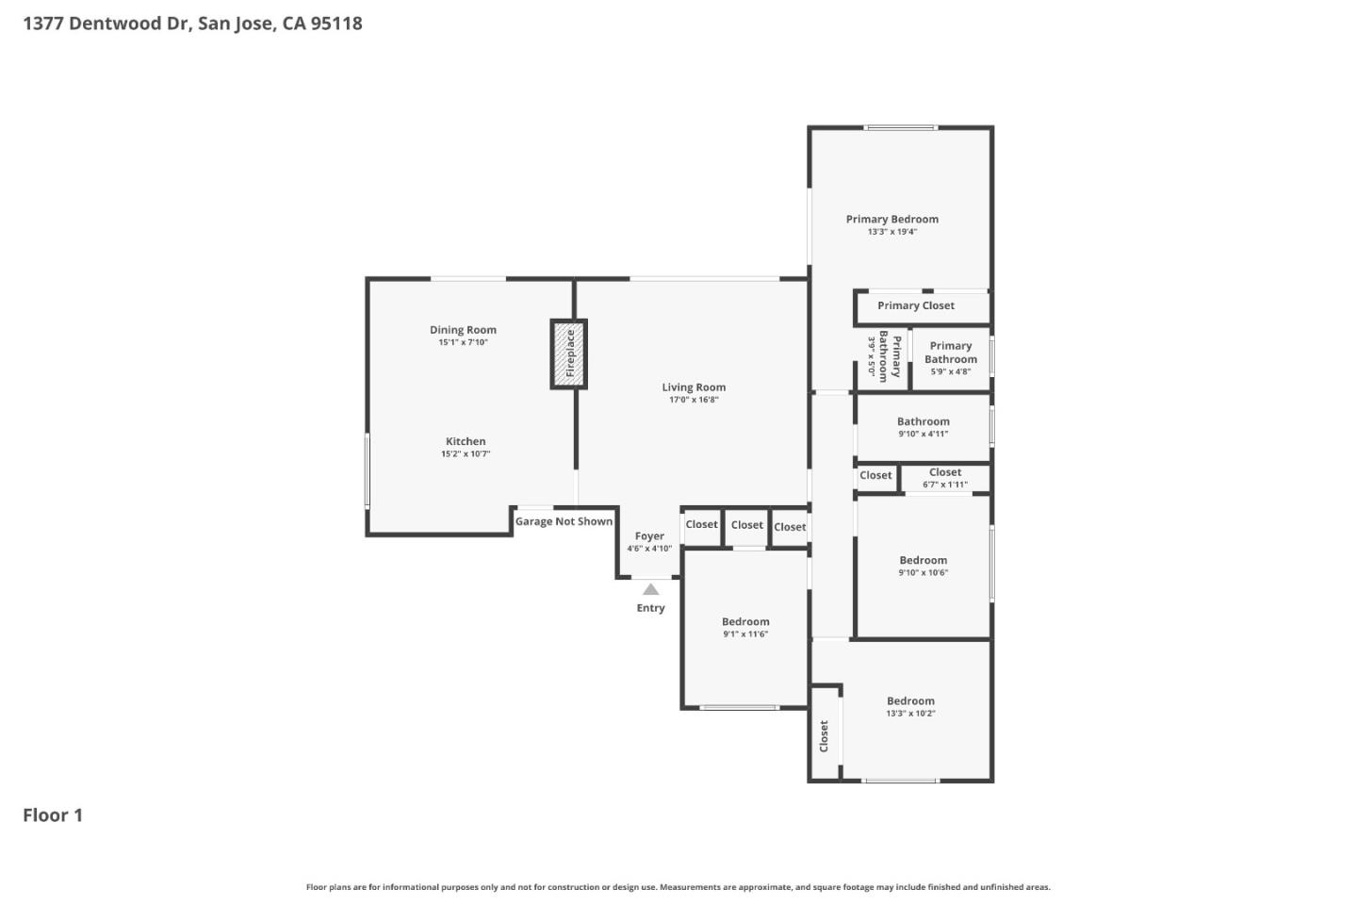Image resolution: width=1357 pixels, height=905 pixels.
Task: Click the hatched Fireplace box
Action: [x=568, y=354]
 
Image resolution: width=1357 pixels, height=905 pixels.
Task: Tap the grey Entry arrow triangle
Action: [x=650, y=589]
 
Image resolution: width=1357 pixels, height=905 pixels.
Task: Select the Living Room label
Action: [x=694, y=387]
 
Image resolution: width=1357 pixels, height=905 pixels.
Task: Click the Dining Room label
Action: [x=463, y=330]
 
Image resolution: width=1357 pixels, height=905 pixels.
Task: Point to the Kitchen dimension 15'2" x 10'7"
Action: [x=466, y=454]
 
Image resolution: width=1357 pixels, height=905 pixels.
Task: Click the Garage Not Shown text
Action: [x=564, y=521]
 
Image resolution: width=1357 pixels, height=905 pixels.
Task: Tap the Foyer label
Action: [x=649, y=536]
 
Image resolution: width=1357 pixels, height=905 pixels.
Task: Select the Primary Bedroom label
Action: [x=891, y=220]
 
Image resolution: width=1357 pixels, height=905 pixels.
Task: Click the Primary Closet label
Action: [x=915, y=305]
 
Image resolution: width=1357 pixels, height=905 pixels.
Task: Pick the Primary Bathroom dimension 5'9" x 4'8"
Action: [x=950, y=371]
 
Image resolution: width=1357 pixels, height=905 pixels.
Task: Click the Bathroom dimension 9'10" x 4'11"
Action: [x=923, y=434]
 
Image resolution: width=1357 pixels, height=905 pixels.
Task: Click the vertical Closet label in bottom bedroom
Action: [x=824, y=735]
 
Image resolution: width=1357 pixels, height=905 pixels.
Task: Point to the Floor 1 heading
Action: [x=53, y=815]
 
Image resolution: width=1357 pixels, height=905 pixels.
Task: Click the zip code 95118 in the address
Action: [x=336, y=24]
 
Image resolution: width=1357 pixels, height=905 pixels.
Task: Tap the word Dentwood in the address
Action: [x=117, y=24]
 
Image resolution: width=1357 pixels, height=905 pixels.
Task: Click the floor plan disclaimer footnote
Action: [x=678, y=887]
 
